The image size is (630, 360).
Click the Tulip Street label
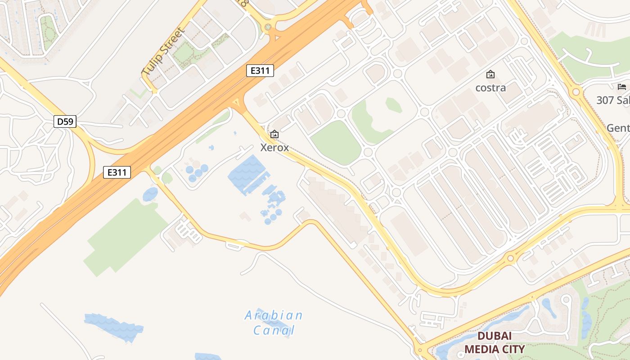click(x=163, y=52)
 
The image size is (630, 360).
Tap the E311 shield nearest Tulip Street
click(x=260, y=71)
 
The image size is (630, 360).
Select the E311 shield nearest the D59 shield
click(x=117, y=172)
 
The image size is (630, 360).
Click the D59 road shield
click(x=65, y=121)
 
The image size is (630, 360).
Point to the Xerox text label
click(x=274, y=147)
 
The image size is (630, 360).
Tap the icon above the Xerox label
click(x=274, y=134)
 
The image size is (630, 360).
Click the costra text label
click(x=490, y=87)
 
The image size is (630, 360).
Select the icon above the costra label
click(x=490, y=74)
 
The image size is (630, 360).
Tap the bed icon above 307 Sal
click(x=622, y=87)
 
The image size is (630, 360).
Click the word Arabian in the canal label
click(x=274, y=315)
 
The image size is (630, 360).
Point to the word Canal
click(x=274, y=331)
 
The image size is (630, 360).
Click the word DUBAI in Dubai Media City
click(x=495, y=336)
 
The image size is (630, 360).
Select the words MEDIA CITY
click(x=495, y=349)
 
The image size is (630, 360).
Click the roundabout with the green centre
click(x=268, y=27)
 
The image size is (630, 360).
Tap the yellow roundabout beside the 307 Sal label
click(x=576, y=92)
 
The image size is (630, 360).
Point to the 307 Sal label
click(x=613, y=100)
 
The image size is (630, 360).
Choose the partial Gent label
click(x=617, y=128)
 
